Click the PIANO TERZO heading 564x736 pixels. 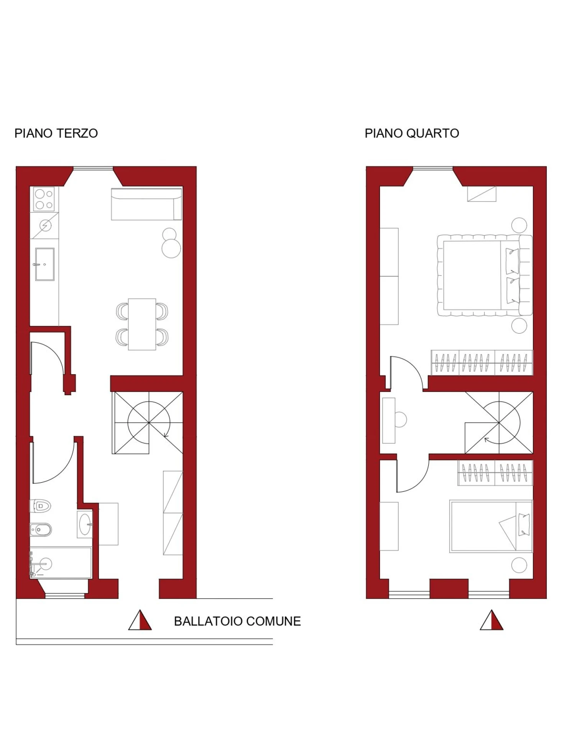[56, 133]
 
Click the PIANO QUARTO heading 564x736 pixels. [412, 133]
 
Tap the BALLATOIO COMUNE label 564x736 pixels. [237, 621]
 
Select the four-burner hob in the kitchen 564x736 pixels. [44, 199]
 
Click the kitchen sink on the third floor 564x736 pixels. [44, 264]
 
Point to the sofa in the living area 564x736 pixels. [146, 204]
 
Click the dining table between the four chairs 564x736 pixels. [142, 324]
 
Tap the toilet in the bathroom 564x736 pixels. [41, 506]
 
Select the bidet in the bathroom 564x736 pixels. [41, 530]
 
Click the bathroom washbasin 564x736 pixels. [85, 524]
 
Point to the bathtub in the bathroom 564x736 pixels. [61, 562]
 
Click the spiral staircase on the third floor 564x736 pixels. [148, 422]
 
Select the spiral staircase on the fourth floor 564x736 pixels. [499, 422]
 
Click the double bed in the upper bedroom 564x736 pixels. [485, 275]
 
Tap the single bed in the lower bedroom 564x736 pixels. [491, 526]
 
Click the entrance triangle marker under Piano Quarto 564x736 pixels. [492, 620]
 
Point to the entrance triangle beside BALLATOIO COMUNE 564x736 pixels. [140, 620]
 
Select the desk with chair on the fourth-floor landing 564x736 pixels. [394, 421]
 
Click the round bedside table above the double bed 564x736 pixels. [519, 225]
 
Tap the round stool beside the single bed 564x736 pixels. [519, 565]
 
